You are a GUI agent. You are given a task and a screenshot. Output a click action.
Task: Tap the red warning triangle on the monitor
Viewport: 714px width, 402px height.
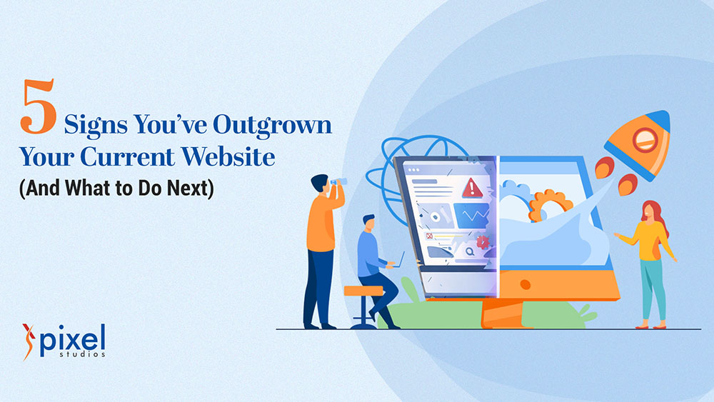click(x=471, y=188)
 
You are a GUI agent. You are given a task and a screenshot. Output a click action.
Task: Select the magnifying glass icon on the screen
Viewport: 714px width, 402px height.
click(x=470, y=251)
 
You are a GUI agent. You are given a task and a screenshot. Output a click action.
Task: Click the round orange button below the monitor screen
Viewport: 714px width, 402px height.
click(x=525, y=284)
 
